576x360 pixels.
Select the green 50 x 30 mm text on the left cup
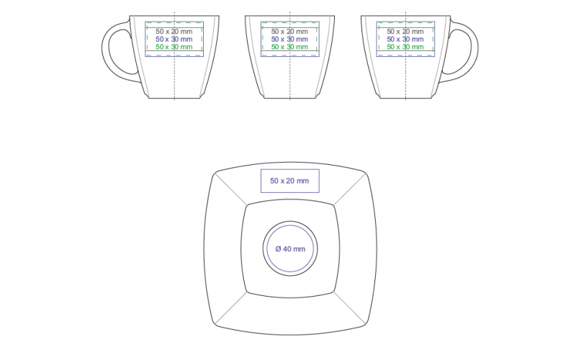(x=174, y=47)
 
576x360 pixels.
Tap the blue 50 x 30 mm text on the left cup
(x=174, y=39)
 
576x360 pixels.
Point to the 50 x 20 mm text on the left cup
(x=174, y=32)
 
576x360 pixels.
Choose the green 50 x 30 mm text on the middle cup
(x=289, y=47)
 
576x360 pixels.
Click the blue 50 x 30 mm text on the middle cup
(x=289, y=39)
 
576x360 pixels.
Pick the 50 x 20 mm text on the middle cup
(x=289, y=32)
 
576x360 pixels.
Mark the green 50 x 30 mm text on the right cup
(x=405, y=47)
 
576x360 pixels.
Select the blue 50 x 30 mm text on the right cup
(x=405, y=39)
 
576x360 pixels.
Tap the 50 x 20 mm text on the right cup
(x=405, y=32)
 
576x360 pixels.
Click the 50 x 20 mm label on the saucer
(x=289, y=181)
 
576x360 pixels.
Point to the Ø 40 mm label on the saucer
(x=290, y=249)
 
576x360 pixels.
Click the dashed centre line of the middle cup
(x=289, y=79)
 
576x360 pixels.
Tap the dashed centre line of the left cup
(x=174, y=79)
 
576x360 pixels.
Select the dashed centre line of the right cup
(x=405, y=79)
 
